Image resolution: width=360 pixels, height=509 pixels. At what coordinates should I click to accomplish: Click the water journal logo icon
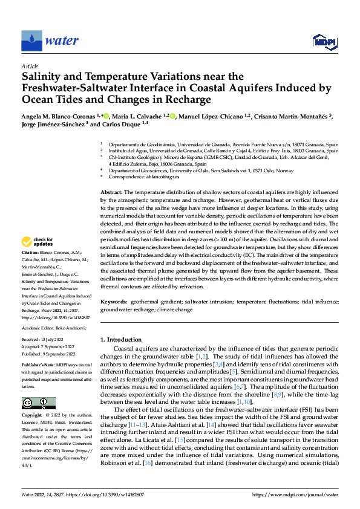[32, 41]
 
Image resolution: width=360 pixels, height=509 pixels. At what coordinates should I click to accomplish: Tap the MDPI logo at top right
[324, 41]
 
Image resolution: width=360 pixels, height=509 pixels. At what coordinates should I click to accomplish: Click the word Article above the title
[30, 66]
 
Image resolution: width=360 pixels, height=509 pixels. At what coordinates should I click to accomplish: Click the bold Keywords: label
[114, 300]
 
